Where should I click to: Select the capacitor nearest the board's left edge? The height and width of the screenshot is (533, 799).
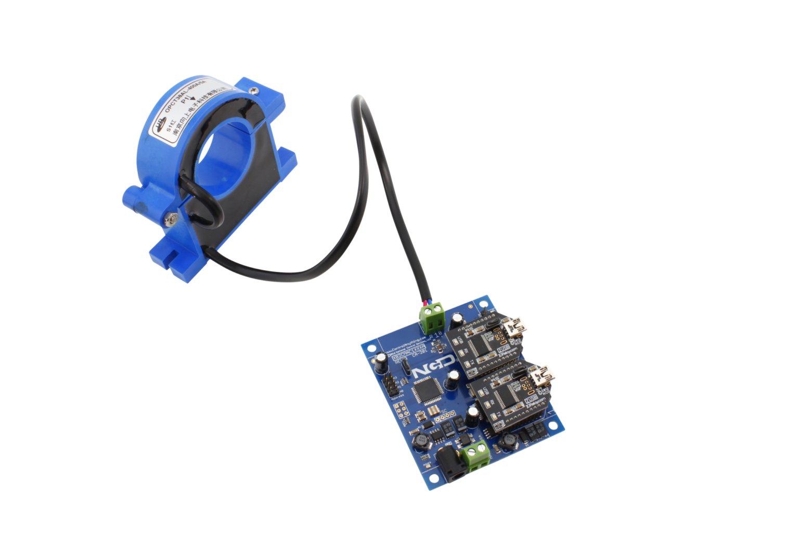(x=381, y=361)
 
